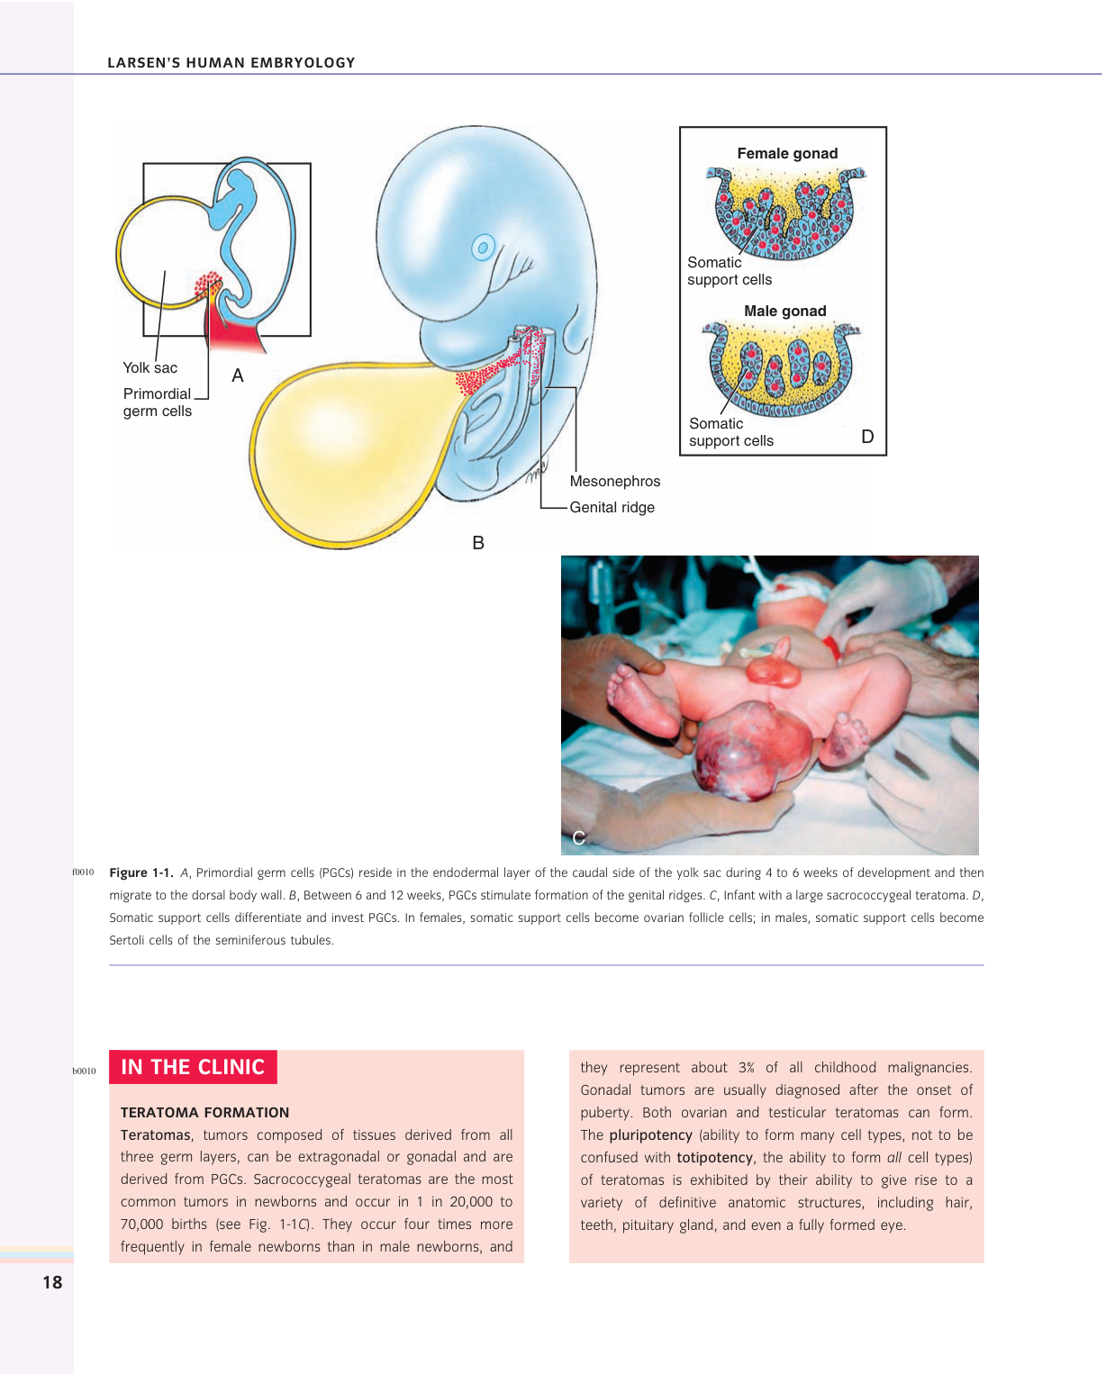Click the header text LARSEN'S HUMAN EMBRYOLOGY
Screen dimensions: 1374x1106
(231, 63)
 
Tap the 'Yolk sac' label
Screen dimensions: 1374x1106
(150, 367)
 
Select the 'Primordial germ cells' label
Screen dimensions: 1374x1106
(158, 402)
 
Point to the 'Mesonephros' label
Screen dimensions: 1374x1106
(615, 482)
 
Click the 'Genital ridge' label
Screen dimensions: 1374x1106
(612, 508)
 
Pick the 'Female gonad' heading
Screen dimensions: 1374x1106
(787, 154)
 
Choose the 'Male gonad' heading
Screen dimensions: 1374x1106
(784, 312)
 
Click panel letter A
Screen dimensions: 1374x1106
(238, 375)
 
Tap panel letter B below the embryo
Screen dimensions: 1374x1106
(478, 543)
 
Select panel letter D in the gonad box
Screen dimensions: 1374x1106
(867, 437)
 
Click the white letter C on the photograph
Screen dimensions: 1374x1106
(578, 837)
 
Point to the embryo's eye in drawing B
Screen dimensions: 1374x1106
(484, 247)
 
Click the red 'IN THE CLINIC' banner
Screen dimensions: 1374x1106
(193, 1067)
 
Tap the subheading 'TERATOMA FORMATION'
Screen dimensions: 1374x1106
(205, 1113)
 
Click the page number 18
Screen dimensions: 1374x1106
(52, 1282)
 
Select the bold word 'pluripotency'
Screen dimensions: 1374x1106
(651, 1135)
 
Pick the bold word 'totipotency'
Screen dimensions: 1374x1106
(714, 1158)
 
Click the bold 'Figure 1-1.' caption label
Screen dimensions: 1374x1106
(141, 872)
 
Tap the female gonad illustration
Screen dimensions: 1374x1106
(786, 212)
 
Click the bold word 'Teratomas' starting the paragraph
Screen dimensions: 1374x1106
(156, 1135)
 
